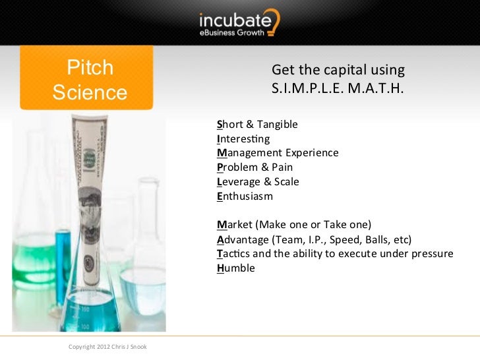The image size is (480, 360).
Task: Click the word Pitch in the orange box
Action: tap(90, 69)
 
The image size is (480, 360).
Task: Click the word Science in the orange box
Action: tap(90, 92)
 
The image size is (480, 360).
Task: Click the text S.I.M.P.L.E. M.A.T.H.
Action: tap(337, 87)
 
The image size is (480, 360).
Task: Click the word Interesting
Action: tap(243, 139)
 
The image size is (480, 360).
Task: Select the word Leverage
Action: tap(239, 182)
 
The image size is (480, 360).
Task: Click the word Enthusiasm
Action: tap(245, 196)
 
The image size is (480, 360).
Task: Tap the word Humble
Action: tap(235, 268)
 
